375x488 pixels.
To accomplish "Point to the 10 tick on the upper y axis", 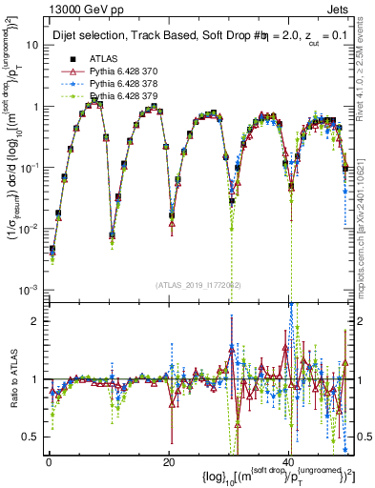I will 31,45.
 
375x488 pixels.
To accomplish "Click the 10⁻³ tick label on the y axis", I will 29,289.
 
